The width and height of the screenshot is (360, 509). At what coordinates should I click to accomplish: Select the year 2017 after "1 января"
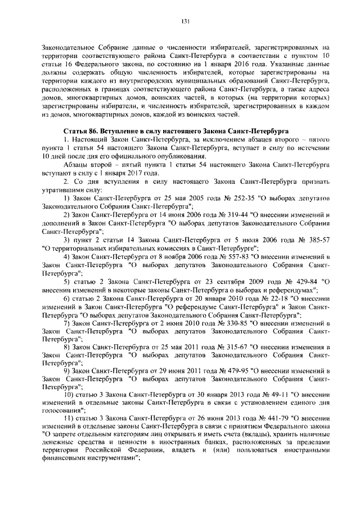(137, 174)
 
